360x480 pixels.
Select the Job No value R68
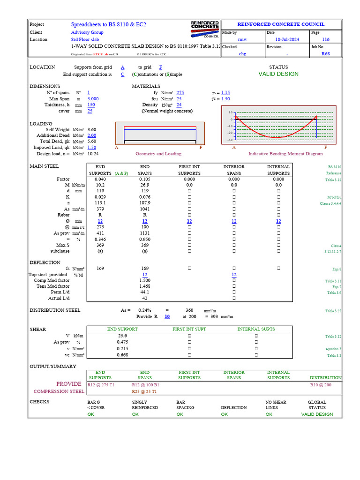[x=325, y=54]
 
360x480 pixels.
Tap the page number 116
[x=325, y=40]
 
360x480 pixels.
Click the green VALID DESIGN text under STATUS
[x=278, y=74]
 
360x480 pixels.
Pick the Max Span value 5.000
[x=93, y=99]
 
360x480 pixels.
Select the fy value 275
[x=180, y=93]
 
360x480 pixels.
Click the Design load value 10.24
[x=92, y=154]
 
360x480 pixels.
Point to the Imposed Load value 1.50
[x=91, y=148]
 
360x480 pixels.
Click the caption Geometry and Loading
[x=158, y=154]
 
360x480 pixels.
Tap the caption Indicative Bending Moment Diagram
[x=285, y=154]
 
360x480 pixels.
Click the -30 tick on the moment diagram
[x=230, y=140]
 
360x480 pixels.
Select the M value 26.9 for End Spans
[x=145, y=185]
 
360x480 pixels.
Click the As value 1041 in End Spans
[x=145, y=209]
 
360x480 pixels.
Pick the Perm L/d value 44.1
[x=145, y=292]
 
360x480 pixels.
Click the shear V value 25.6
[x=122, y=336]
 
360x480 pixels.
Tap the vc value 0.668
[x=122, y=355]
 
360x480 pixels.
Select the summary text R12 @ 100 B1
[x=146, y=384]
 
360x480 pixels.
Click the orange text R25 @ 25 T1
[x=144, y=391]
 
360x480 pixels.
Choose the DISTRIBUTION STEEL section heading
[x=55, y=310]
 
